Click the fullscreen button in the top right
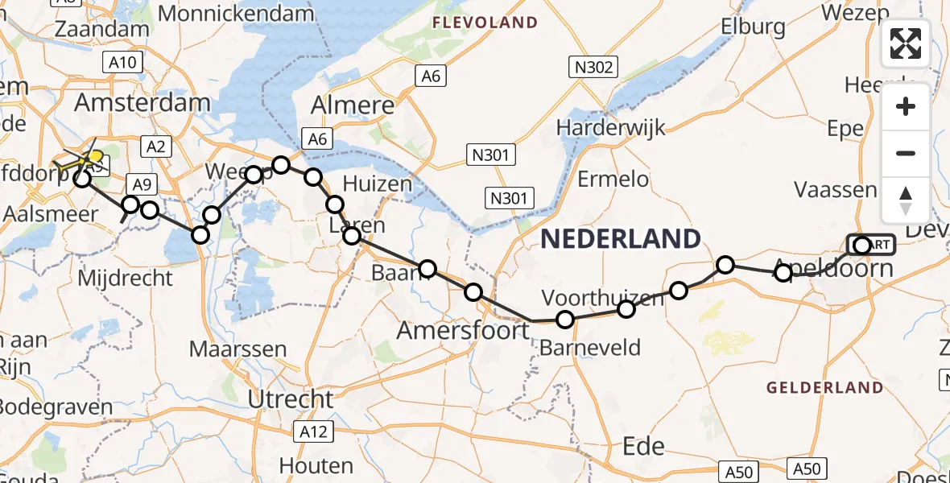906,43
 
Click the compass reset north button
906,200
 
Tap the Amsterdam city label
142,103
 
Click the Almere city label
353,105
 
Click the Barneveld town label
590,348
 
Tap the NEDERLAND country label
620,239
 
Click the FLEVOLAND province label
485,23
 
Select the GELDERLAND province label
824,388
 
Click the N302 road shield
594,68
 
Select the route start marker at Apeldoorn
862,245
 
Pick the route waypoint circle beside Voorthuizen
626,309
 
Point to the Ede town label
644,446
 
